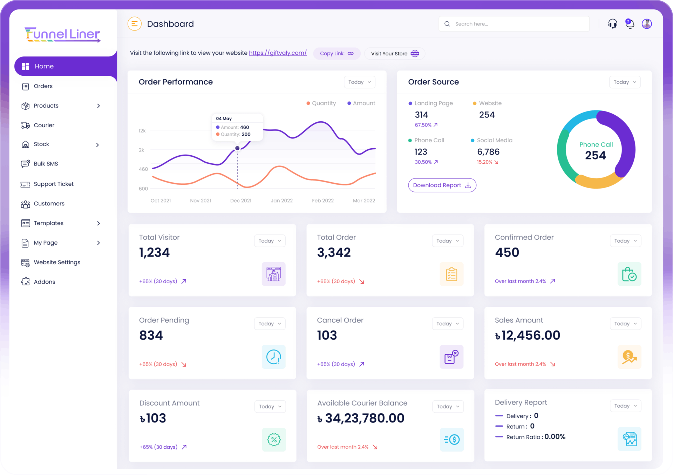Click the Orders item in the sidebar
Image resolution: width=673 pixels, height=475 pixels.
coord(43,86)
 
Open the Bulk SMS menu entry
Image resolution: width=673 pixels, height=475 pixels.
coord(46,164)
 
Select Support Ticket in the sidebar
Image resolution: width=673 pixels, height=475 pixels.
coord(53,184)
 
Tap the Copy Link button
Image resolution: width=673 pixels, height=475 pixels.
coord(336,54)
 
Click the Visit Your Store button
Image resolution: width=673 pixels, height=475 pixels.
coord(395,54)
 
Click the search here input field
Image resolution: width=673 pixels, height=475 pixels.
coord(519,24)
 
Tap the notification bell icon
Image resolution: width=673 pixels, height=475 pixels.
coord(630,24)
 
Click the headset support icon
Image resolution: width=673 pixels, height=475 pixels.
coord(613,24)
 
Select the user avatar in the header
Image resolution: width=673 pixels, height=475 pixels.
coord(647,24)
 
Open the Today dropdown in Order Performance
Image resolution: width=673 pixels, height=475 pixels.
coord(359,82)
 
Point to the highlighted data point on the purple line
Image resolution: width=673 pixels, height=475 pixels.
coord(237,148)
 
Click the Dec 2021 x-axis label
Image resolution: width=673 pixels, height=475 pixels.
coord(241,201)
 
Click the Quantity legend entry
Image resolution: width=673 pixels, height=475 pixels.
coord(321,103)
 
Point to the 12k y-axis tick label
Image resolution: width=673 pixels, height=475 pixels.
coord(142,131)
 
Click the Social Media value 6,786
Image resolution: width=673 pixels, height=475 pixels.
coord(488,152)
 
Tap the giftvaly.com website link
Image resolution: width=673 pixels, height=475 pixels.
coord(278,53)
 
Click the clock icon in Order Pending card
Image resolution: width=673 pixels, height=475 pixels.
coord(273,357)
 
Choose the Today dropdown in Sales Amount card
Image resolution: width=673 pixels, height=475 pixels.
coord(625,324)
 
